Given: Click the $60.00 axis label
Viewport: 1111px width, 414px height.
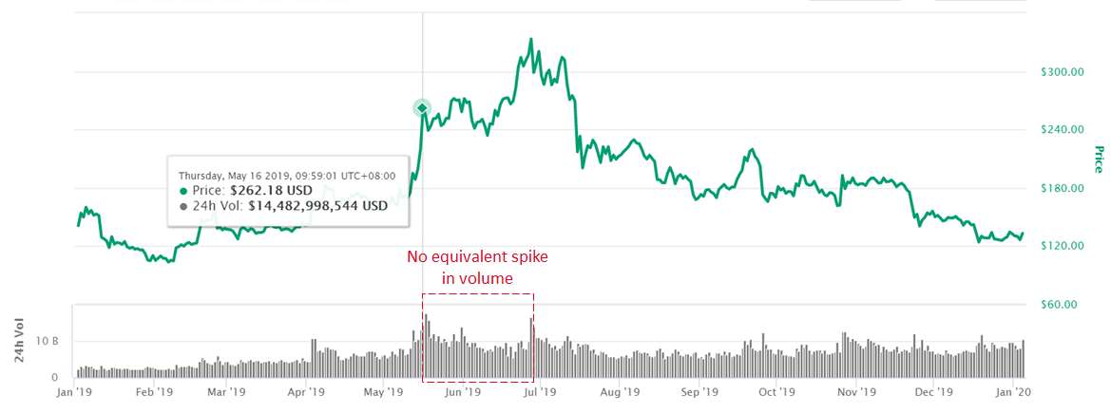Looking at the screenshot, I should [x=1060, y=305].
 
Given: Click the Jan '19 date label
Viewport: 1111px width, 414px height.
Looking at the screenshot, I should [x=74, y=390].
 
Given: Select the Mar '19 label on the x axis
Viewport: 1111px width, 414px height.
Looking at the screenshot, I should [x=227, y=390].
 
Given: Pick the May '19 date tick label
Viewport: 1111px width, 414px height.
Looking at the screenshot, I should [x=381, y=390].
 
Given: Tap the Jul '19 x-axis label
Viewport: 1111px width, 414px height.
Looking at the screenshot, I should [x=540, y=390].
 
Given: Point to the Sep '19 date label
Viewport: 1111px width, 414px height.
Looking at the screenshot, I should [x=699, y=390].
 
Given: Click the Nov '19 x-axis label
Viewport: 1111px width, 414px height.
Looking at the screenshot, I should [x=856, y=390].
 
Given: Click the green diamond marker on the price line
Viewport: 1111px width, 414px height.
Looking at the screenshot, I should [x=422, y=108].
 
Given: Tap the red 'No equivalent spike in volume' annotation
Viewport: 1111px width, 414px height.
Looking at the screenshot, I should [x=477, y=267].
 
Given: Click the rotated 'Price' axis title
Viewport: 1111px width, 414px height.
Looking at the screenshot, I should [x=1098, y=160].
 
